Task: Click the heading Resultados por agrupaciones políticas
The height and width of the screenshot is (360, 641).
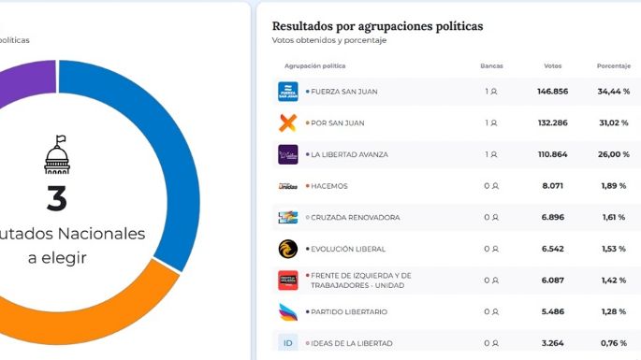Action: point(377,26)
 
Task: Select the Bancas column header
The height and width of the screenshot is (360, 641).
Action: point(491,66)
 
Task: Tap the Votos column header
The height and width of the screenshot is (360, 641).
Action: point(552,66)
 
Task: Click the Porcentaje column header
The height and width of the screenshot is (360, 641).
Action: point(613,66)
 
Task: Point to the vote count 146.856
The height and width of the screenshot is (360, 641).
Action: point(552,92)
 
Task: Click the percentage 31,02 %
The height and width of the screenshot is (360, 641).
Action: point(613,123)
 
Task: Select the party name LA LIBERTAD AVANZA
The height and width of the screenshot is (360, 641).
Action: point(348,154)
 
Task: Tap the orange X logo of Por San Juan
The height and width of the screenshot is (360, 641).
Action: point(288,122)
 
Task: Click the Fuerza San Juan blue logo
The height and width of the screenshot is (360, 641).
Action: point(288,92)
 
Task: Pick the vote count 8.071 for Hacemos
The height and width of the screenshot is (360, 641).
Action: point(552,186)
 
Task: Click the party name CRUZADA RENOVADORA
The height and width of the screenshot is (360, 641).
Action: point(355,218)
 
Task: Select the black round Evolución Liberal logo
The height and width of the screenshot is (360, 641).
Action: point(288,249)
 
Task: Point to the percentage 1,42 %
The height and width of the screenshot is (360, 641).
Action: point(613,281)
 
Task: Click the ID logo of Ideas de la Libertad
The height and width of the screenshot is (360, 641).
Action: point(288,343)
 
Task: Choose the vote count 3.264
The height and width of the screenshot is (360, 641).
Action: point(552,343)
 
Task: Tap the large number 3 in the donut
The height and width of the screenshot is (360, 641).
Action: point(56,198)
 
